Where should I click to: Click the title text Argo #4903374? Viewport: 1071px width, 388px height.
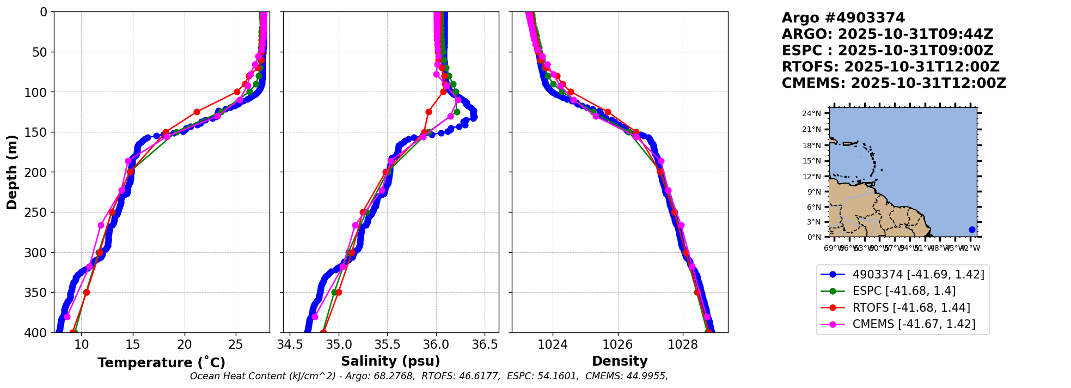(843, 18)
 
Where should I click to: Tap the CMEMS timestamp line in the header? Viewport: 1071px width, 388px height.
(893, 83)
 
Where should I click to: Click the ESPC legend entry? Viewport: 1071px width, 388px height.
(903, 291)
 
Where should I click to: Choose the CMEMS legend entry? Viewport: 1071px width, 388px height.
(913, 324)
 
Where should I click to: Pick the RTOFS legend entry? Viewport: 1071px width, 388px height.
(911, 308)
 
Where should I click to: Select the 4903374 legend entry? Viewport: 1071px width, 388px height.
(918, 275)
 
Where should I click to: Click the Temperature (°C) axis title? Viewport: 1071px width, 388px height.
(161, 363)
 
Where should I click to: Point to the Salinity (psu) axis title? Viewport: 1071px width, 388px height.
(390, 361)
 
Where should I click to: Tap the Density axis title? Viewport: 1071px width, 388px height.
(620, 361)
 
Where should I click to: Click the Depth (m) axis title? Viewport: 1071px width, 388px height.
(11, 172)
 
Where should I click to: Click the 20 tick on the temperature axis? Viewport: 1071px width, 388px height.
(185, 344)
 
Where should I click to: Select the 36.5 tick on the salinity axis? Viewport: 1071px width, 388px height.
(485, 344)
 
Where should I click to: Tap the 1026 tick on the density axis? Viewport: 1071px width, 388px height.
(618, 344)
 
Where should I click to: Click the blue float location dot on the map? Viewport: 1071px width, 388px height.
(972, 229)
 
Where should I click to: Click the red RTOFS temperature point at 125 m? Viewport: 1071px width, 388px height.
(197, 112)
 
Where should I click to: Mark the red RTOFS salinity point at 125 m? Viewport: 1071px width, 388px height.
(429, 112)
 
